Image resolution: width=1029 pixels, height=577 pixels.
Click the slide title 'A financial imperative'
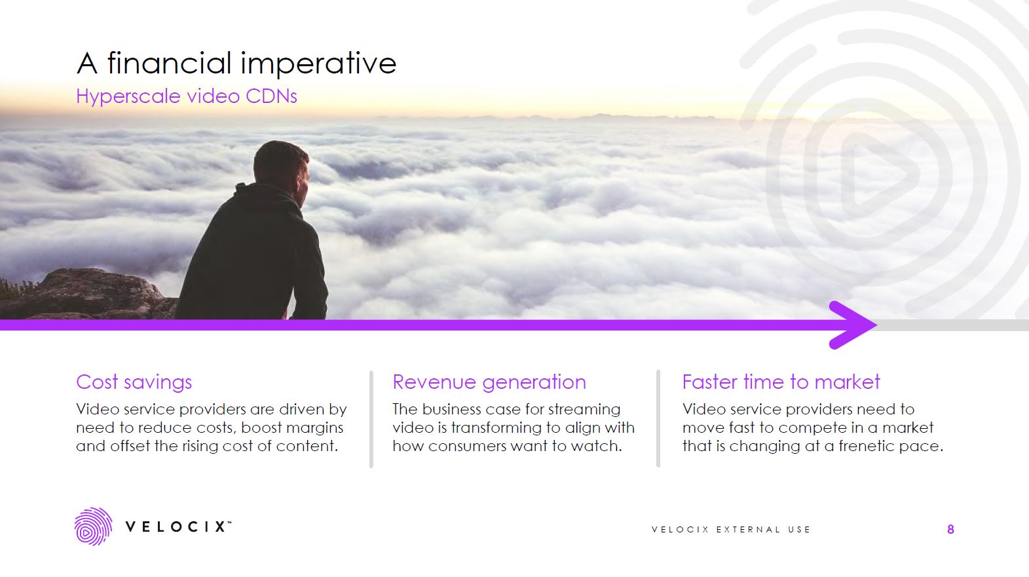pos(236,64)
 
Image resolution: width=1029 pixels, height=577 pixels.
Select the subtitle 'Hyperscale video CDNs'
pos(187,96)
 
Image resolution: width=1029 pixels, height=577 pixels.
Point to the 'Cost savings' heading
pos(134,382)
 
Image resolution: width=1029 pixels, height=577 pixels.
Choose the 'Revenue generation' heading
pos(489,382)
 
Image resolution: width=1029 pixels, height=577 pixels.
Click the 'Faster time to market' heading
pos(781,382)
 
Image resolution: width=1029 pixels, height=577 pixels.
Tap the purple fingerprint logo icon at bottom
pos(92,527)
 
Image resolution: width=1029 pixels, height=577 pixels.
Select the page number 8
pos(950,530)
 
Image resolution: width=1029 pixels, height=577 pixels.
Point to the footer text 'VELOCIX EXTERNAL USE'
pos(731,530)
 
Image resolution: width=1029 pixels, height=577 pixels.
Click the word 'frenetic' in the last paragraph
pos(867,447)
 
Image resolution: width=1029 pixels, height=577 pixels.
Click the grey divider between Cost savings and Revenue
pos(371,419)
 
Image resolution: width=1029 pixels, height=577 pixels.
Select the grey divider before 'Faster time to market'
pos(658,419)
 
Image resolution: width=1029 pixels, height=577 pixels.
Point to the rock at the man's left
pos(85,295)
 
